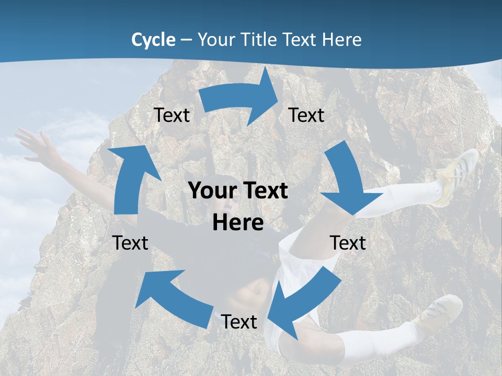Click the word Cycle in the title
pos(153,40)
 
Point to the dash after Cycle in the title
pos(186,40)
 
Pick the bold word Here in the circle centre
pos(238,223)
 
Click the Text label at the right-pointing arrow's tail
pos(172,115)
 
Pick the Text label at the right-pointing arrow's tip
pos(306,115)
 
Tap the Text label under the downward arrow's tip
pos(348,243)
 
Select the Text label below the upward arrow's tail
pos(130,243)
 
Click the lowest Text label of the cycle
pos(239,322)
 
